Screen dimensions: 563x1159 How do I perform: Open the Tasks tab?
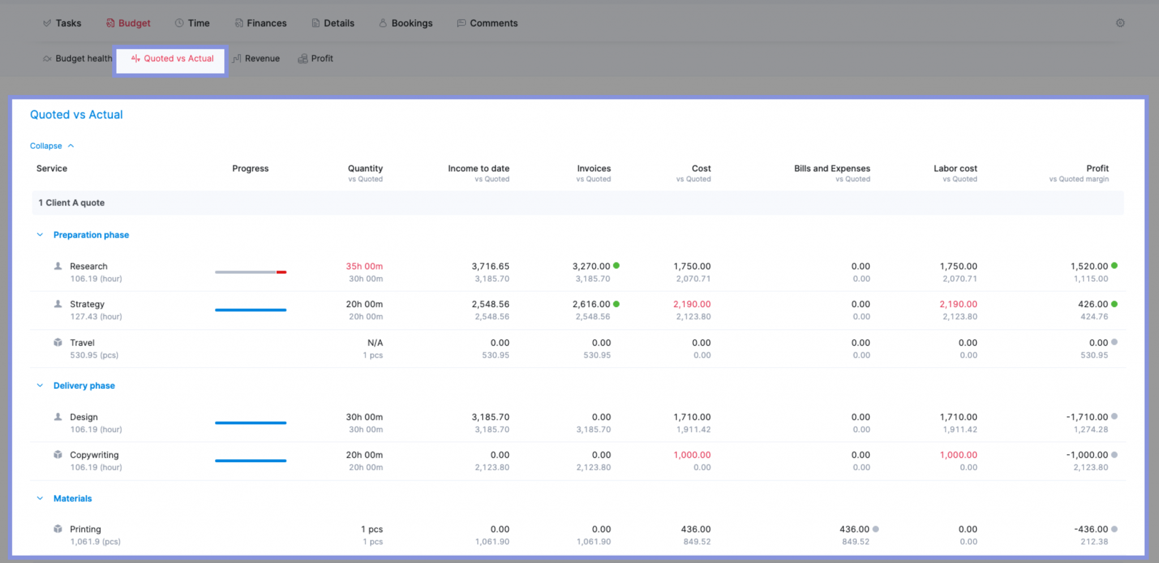click(63, 23)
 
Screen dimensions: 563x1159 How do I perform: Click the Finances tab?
click(261, 23)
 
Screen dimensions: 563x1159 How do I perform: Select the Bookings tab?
click(406, 23)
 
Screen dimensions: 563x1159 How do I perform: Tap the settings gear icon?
click(1120, 23)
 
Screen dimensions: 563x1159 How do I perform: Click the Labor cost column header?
click(955, 169)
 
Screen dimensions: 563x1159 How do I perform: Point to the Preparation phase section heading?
click(91, 235)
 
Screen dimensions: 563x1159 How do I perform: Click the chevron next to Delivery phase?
click(40, 385)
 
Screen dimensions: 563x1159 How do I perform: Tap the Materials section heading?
click(72, 498)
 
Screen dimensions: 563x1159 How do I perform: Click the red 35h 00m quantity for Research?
click(364, 267)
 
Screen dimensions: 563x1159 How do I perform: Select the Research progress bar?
click(250, 272)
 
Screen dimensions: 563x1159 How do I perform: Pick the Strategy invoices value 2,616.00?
click(591, 304)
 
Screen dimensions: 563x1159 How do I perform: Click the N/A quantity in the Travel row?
click(375, 343)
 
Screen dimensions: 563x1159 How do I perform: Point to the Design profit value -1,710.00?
click(1087, 417)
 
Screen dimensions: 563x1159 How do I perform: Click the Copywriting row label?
click(94, 455)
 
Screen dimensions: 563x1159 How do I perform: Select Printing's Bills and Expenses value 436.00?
click(854, 529)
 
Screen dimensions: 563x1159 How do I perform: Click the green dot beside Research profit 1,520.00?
click(1114, 266)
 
